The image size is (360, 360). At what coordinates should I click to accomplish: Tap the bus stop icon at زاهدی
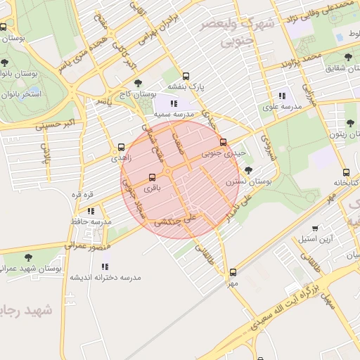tap(122, 148)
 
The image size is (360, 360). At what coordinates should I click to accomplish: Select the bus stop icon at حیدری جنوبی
tap(224, 142)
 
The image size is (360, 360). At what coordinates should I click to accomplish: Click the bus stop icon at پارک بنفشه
tap(186, 76)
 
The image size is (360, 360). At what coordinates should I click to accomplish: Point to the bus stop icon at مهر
tap(233, 272)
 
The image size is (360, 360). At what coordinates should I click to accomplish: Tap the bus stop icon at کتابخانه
tap(345, 172)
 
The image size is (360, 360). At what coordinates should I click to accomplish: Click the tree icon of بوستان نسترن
tap(247, 169)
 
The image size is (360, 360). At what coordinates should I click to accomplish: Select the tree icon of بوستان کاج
tap(137, 83)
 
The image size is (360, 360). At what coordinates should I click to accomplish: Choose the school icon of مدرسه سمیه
tap(174, 103)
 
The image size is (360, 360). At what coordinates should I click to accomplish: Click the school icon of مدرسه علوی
tap(282, 96)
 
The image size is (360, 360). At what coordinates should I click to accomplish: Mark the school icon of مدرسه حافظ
tap(91, 210)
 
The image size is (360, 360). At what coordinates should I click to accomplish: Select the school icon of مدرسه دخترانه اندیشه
tap(105, 266)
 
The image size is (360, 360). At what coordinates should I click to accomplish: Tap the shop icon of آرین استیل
tap(315, 228)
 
